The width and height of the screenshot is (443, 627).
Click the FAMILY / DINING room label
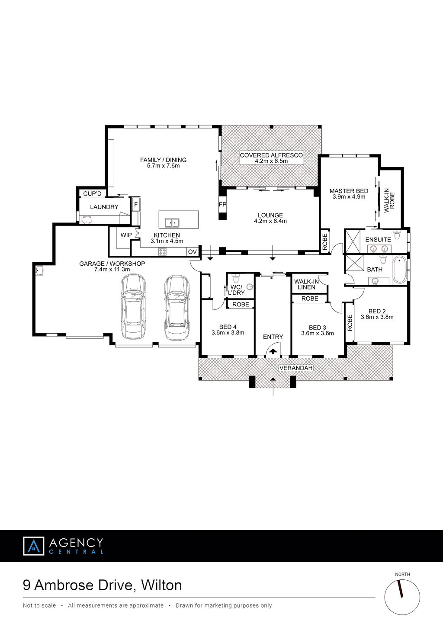pyautogui.click(x=163, y=160)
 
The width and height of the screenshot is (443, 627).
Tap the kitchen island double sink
pyautogui.click(x=172, y=222)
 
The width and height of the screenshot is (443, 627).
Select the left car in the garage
pyautogui.click(x=133, y=307)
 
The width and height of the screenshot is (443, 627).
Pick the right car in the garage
pyautogui.click(x=177, y=308)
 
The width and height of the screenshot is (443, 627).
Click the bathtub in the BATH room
pyautogui.click(x=399, y=270)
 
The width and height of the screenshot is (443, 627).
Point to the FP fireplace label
pyautogui.click(x=222, y=204)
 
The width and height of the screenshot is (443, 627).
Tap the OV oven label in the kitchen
pyautogui.click(x=192, y=252)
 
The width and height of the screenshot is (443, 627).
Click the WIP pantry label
pyautogui.click(x=126, y=235)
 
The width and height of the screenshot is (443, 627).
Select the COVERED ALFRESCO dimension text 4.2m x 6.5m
pyautogui.click(x=271, y=161)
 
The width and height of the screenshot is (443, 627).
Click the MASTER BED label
pyautogui.click(x=349, y=191)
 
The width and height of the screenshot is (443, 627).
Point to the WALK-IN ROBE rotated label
pyautogui.click(x=389, y=202)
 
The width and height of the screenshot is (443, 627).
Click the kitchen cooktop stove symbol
pyautogui.click(x=163, y=251)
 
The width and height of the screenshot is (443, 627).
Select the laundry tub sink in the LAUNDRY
pyautogui.click(x=87, y=220)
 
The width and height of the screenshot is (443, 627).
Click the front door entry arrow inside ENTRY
pyautogui.click(x=273, y=351)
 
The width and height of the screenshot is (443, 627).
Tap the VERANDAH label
pyautogui.click(x=296, y=367)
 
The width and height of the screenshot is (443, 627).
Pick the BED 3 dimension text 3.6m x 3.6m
pyautogui.click(x=318, y=333)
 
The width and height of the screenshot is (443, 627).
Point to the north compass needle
pyautogui.click(x=401, y=588)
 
